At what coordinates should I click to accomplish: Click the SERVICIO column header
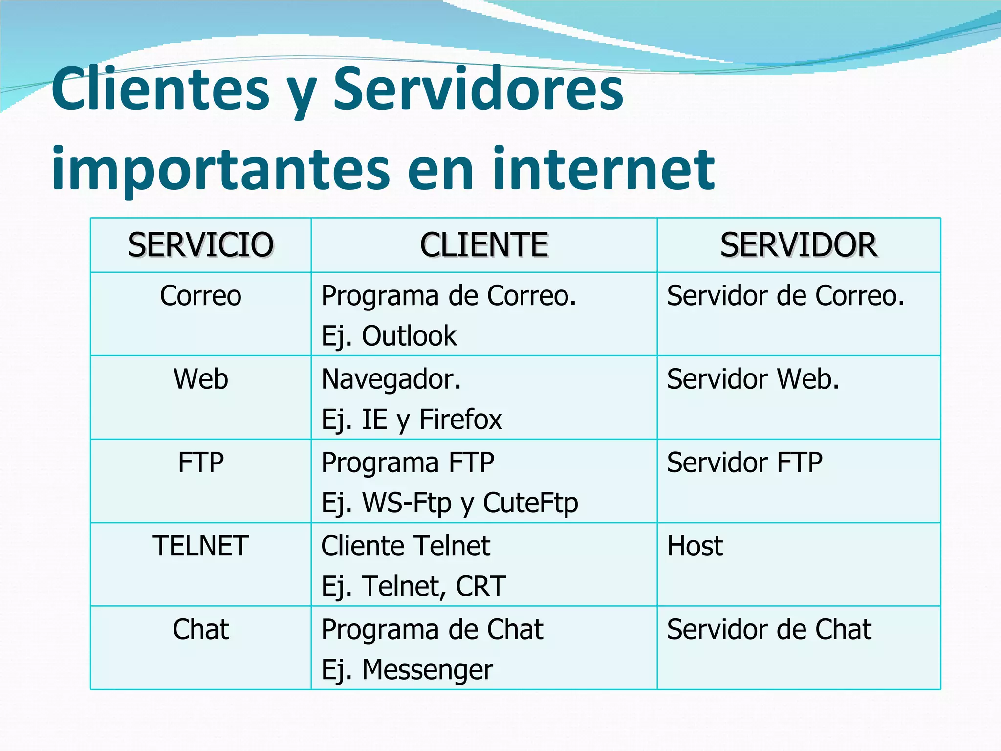(x=200, y=245)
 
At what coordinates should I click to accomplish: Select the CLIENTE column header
(x=484, y=245)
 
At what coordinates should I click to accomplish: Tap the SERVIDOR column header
(x=799, y=245)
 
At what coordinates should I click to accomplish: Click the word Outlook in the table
(x=409, y=336)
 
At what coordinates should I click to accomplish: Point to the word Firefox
(x=460, y=420)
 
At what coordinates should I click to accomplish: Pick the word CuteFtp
(x=530, y=503)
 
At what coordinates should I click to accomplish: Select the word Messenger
(x=427, y=669)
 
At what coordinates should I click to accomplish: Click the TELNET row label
(x=200, y=546)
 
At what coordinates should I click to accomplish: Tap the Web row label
(x=200, y=379)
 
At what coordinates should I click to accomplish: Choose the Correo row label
(x=200, y=296)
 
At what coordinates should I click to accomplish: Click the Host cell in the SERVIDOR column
(x=695, y=546)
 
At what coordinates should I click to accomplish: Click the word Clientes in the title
(x=160, y=89)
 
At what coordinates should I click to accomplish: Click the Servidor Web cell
(x=753, y=379)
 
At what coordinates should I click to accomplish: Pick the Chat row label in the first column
(x=200, y=629)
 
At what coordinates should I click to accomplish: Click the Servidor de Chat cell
(x=769, y=629)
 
